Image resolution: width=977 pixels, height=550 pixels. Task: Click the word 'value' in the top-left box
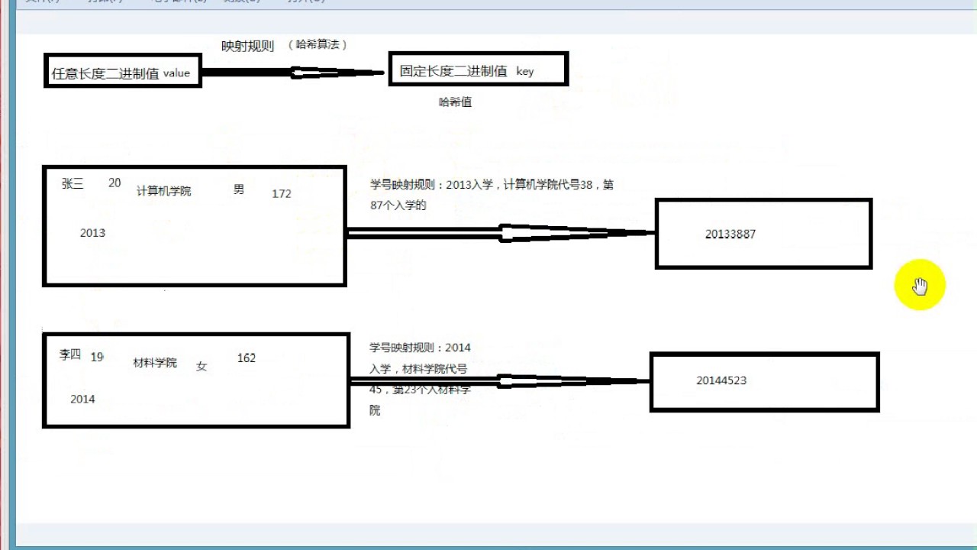[176, 73]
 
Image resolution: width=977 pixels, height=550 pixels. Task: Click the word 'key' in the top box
[525, 71]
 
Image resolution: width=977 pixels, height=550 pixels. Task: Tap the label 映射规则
[247, 47]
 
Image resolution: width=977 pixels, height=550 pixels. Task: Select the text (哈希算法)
[318, 45]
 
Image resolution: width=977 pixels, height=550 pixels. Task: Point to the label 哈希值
[455, 102]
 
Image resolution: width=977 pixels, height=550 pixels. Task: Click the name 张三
[73, 183]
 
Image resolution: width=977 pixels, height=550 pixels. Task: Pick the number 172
[282, 194]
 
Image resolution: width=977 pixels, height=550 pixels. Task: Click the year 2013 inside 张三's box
[92, 233]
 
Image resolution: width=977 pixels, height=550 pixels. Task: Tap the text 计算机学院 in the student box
[164, 191]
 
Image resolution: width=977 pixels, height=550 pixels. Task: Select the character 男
[239, 189]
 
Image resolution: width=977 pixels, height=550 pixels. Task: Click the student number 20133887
[730, 235]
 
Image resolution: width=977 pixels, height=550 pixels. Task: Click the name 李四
[70, 354]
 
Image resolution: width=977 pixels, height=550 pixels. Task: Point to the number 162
[247, 358]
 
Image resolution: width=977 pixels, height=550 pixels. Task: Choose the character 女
[202, 366]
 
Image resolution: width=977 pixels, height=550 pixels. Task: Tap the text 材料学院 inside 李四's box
[155, 363]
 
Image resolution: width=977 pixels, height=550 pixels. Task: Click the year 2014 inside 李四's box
[82, 399]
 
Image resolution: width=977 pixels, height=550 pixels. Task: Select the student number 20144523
[721, 380]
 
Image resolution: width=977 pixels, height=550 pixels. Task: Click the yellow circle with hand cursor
[920, 286]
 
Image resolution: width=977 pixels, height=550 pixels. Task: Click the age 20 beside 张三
[114, 183]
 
